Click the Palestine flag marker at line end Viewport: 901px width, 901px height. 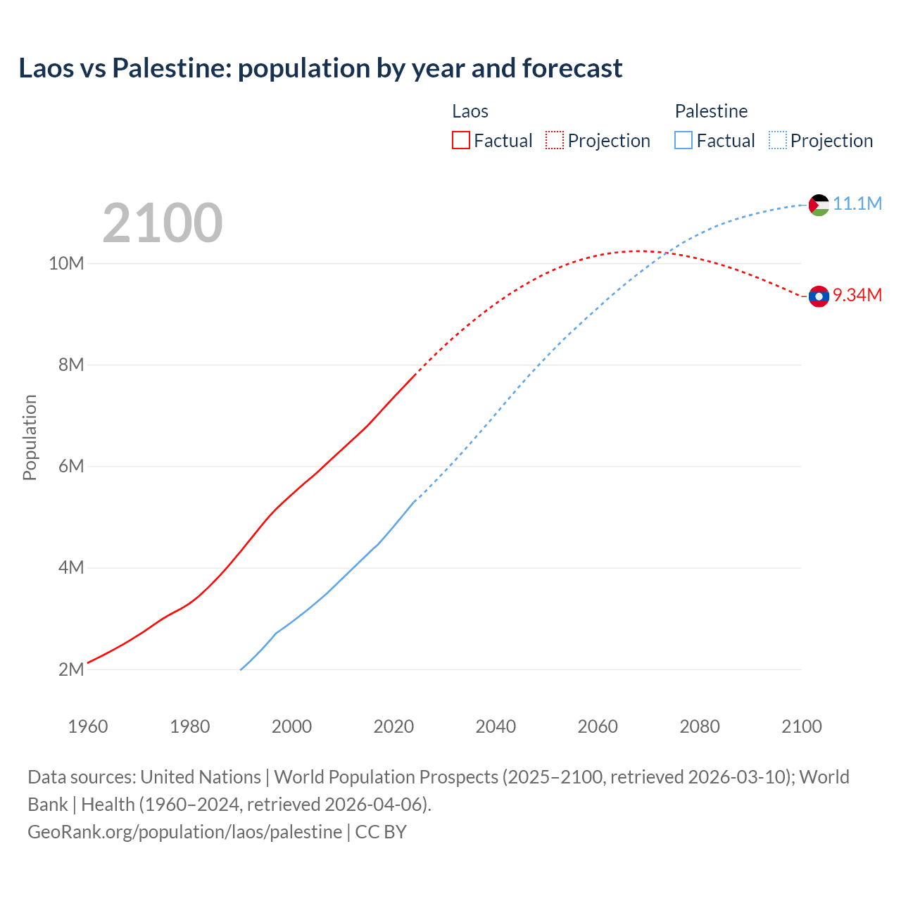[819, 205]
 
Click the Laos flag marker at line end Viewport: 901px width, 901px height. [819, 296]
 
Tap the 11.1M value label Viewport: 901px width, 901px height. [857, 203]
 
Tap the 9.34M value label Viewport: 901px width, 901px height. [857, 295]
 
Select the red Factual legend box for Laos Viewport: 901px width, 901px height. [460, 140]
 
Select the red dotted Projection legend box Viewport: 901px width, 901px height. [555, 140]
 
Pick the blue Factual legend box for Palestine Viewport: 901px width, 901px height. [683, 140]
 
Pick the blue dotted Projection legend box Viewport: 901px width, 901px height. [777, 140]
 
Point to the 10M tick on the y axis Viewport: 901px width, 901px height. [66, 263]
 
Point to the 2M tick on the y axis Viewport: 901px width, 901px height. [71, 669]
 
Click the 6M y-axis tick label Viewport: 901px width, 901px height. [71, 466]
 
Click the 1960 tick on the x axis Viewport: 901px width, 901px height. [88, 726]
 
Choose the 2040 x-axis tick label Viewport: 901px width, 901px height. [496, 726]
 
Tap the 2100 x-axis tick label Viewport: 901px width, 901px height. [801, 726]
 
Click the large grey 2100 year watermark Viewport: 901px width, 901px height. [163, 223]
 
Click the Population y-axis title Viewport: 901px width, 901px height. [30, 437]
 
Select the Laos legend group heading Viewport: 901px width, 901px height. [470, 111]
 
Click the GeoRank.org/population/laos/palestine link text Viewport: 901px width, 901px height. [184, 831]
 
